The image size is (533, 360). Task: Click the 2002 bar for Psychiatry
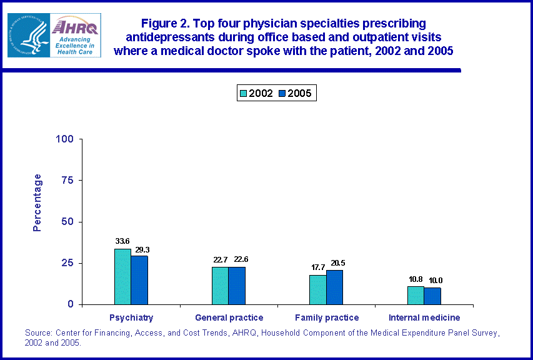[x=122, y=276]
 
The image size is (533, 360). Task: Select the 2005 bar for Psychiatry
[x=139, y=280]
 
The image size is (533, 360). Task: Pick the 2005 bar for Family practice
[x=334, y=287]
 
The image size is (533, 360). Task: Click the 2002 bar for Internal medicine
[x=416, y=295]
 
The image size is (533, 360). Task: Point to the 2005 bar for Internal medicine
[x=432, y=296]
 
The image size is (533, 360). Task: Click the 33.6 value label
[x=122, y=241]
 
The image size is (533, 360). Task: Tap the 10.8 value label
[x=415, y=279]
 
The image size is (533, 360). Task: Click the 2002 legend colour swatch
[x=243, y=94]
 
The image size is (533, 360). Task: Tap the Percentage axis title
[x=37, y=202]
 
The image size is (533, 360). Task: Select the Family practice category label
[x=326, y=317]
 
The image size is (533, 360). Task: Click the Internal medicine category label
[x=424, y=317]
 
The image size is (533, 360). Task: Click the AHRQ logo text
[x=76, y=26]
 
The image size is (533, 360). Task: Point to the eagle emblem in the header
[x=29, y=35]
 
